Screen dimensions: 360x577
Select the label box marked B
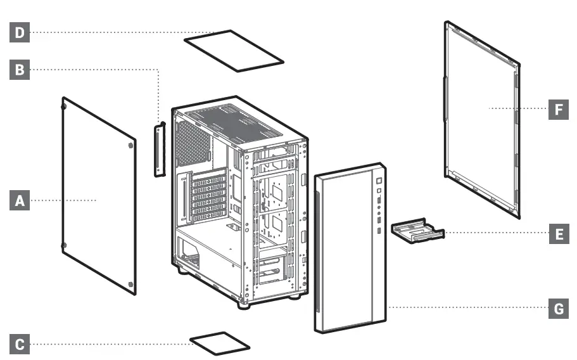click(x=19, y=70)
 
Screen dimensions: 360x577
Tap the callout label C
click(x=19, y=345)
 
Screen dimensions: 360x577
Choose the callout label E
click(x=558, y=233)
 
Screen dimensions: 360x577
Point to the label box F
click(x=558, y=110)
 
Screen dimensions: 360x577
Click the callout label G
click(x=558, y=309)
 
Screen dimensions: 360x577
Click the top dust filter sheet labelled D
click(x=234, y=50)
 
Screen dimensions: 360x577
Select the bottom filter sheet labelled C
click(x=220, y=342)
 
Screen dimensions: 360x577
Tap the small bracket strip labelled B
click(x=159, y=150)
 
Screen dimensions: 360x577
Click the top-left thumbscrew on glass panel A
click(x=64, y=106)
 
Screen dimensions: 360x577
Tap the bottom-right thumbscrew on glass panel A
click(x=130, y=284)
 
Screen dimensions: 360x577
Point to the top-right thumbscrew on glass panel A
click(x=130, y=145)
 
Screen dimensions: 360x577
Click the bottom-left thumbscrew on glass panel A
click(x=63, y=245)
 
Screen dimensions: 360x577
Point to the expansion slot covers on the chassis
click(x=209, y=196)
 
